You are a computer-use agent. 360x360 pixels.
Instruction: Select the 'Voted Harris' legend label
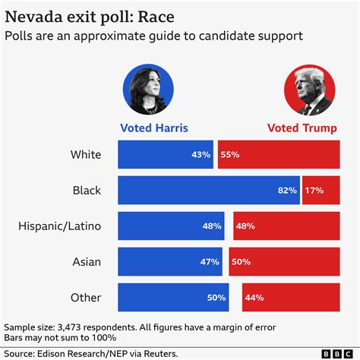tap(154, 128)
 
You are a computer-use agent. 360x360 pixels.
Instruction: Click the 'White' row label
tap(85, 155)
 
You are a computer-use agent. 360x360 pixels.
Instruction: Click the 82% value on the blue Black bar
tap(288, 191)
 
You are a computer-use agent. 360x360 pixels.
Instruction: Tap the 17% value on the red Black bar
tap(313, 191)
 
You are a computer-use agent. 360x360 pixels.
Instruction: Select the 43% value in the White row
tap(201, 155)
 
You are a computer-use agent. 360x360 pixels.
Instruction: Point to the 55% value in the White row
tap(229, 155)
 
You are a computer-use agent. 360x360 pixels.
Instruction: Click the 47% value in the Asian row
tap(210, 261)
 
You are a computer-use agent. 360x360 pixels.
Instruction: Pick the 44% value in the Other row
tap(254, 297)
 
